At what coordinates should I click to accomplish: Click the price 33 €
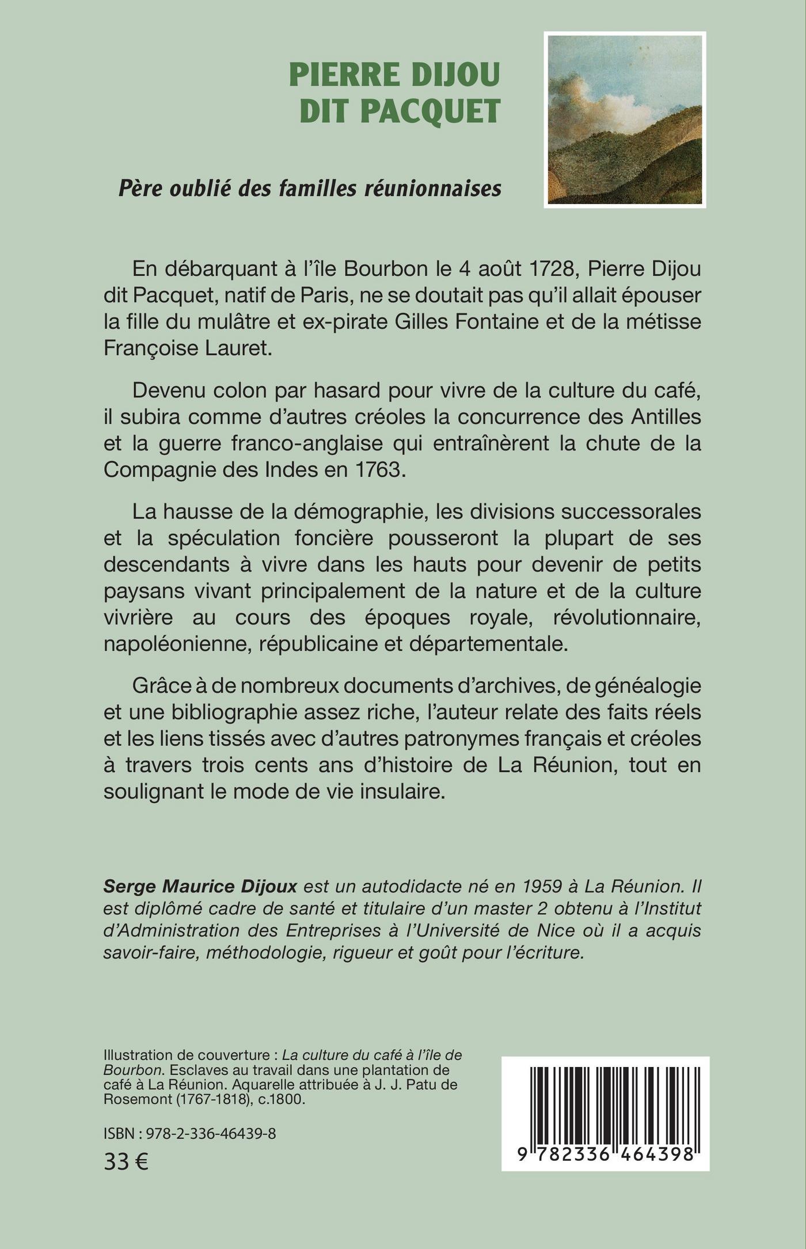pos(126,1161)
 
